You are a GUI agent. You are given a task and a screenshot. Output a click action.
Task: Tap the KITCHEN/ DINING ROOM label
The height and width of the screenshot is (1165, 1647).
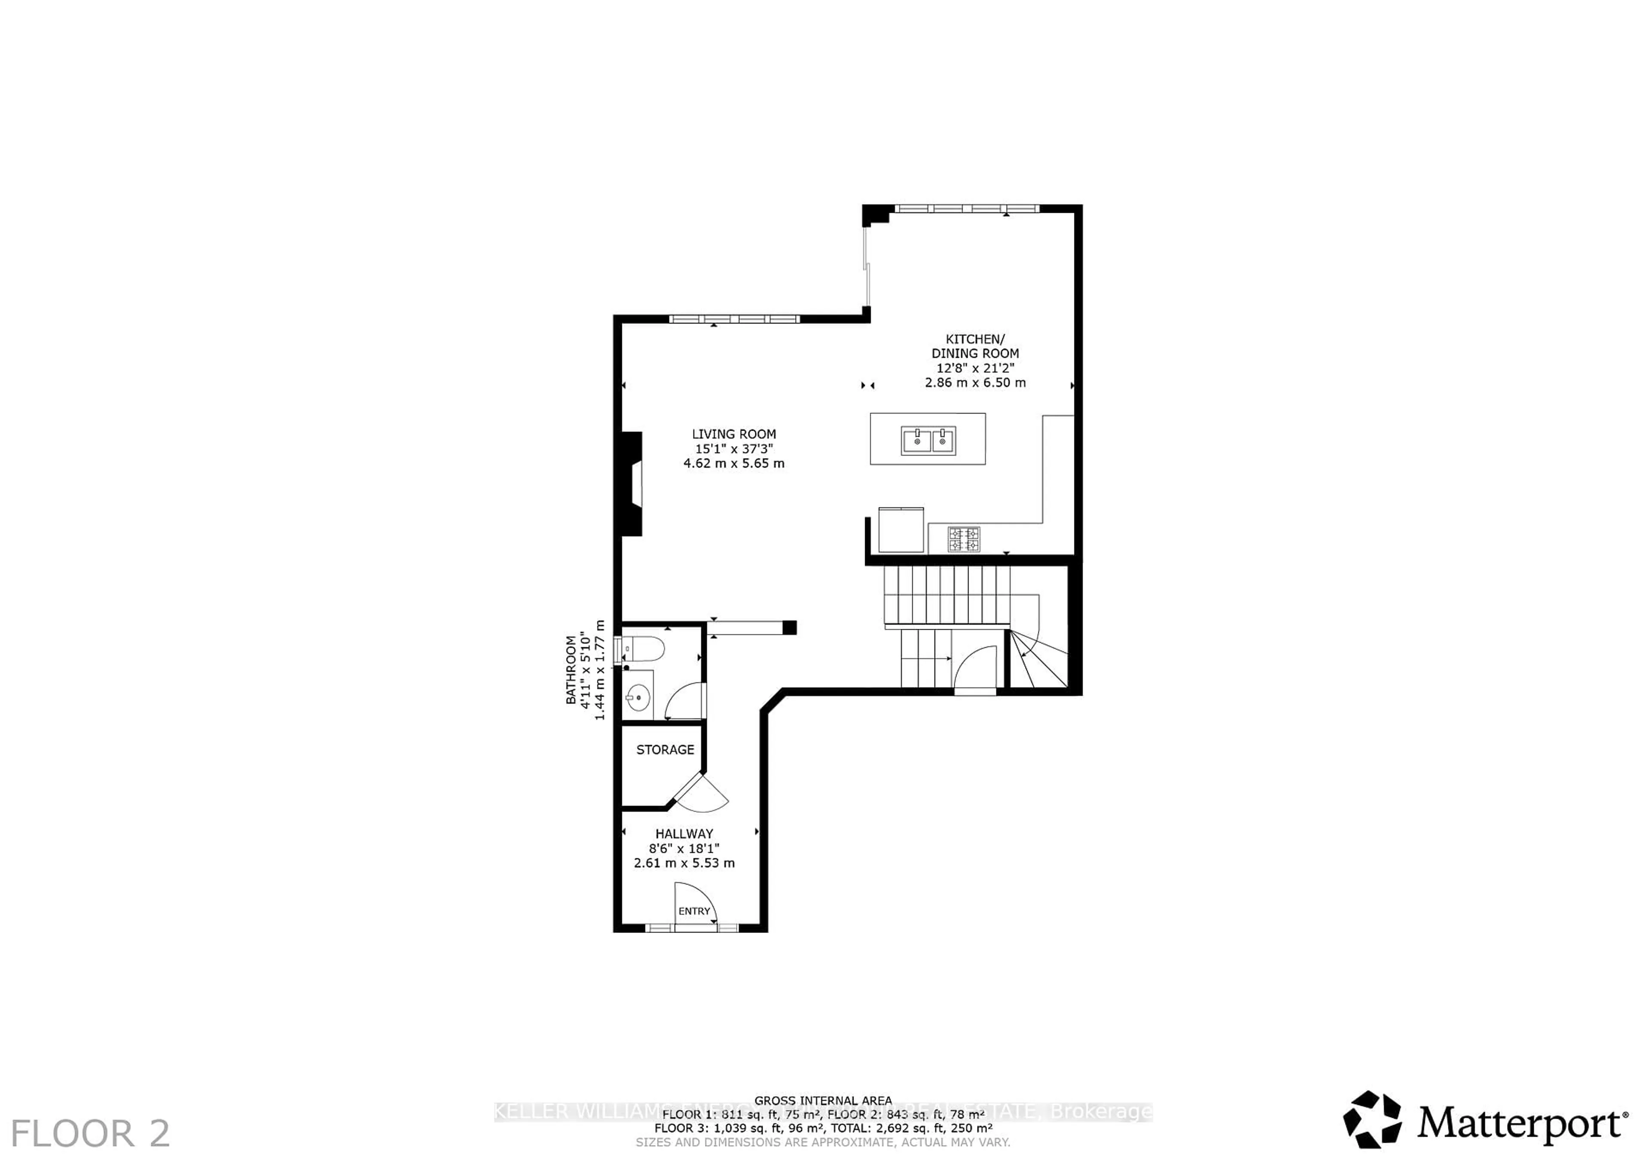click(x=975, y=346)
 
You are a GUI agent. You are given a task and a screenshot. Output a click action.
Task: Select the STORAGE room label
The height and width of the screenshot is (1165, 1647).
click(x=665, y=750)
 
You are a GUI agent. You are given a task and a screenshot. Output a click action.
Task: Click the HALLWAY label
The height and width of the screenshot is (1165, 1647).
click(x=684, y=833)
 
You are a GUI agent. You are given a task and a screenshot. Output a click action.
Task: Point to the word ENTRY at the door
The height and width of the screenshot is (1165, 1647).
click(x=694, y=911)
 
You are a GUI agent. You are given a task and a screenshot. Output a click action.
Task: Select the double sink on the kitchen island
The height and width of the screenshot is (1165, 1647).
click(x=928, y=440)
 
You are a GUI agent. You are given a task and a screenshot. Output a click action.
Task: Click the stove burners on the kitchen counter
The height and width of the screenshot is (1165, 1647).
click(x=963, y=539)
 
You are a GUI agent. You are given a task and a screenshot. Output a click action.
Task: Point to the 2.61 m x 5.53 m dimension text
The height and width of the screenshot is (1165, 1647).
click(x=684, y=863)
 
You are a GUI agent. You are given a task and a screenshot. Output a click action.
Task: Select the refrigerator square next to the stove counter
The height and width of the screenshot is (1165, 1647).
click(x=901, y=529)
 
